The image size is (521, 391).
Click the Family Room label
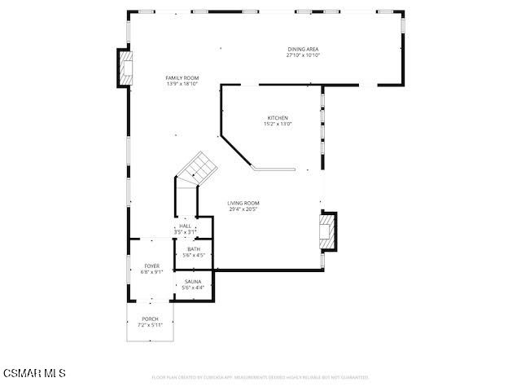(x=182, y=78)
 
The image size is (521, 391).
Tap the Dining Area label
(x=303, y=50)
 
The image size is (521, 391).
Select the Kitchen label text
(x=278, y=118)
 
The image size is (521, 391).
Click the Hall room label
(x=185, y=226)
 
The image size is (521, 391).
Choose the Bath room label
(x=194, y=249)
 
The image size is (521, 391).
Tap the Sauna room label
(x=193, y=281)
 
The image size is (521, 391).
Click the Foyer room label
(x=152, y=266)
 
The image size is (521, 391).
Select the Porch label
(x=150, y=319)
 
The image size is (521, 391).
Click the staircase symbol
(x=198, y=169)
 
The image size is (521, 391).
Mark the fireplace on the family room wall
(x=125, y=68)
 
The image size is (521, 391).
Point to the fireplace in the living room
(x=327, y=230)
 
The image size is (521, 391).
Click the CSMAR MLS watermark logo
(x=33, y=373)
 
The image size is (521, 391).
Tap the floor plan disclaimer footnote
(x=260, y=377)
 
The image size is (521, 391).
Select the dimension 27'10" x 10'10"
(x=303, y=55)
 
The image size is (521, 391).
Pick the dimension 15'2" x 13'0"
(x=278, y=124)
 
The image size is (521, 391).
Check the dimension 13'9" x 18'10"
(x=182, y=84)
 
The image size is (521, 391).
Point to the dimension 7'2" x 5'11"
(x=150, y=324)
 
